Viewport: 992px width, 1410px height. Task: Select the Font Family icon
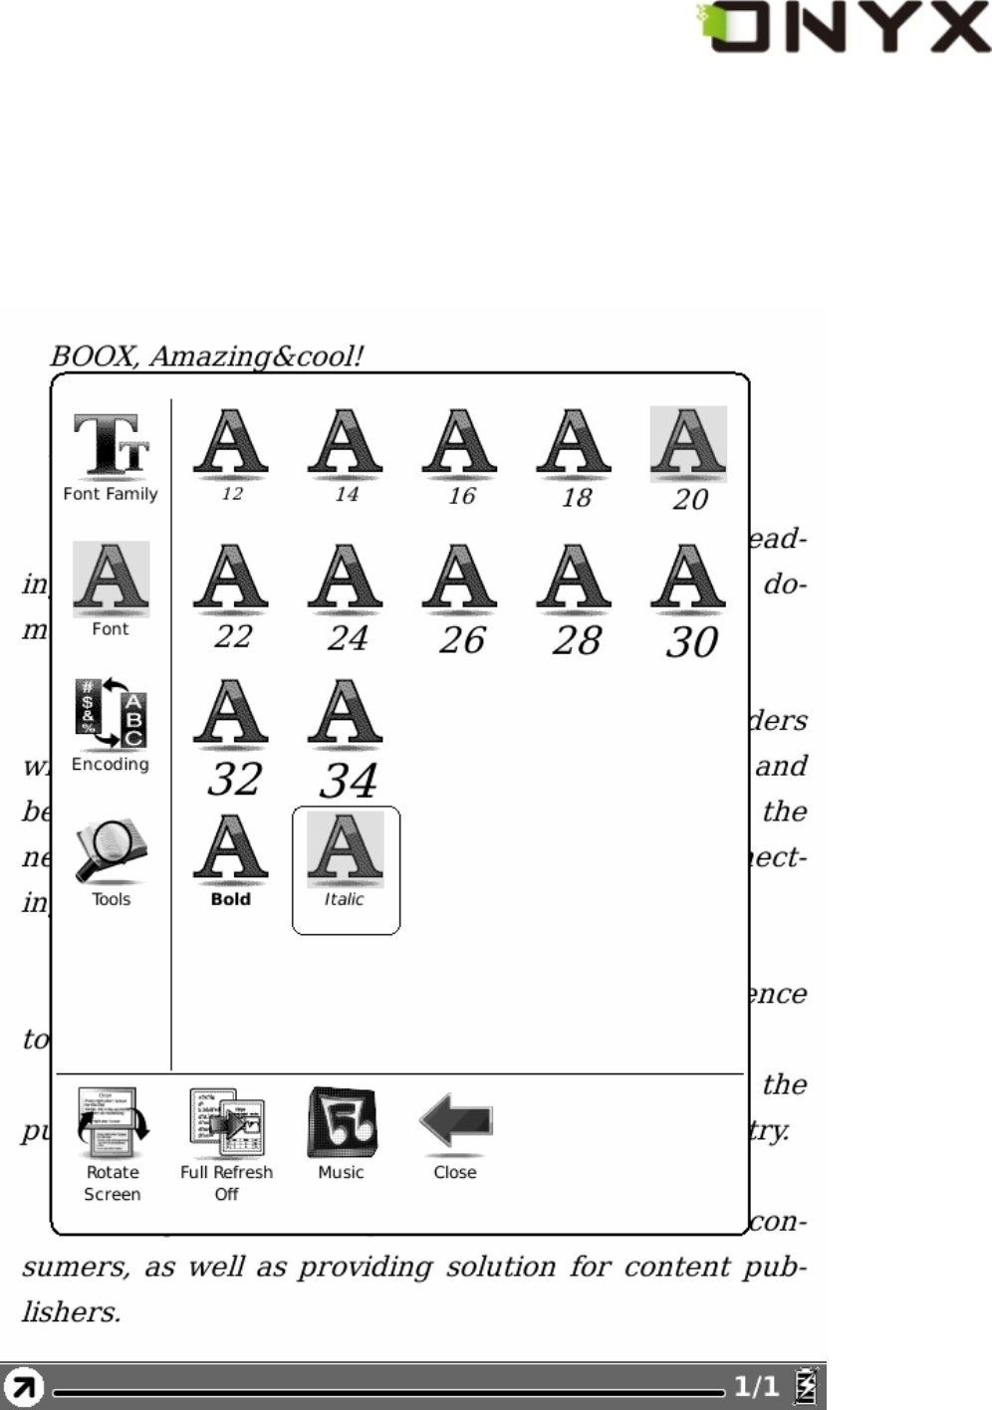pos(111,447)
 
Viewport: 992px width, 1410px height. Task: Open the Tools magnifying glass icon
pos(111,851)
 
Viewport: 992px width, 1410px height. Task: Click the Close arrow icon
pos(455,1122)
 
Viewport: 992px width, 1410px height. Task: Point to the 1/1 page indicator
pos(756,1386)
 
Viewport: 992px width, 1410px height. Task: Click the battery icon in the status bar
pos(805,1386)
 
